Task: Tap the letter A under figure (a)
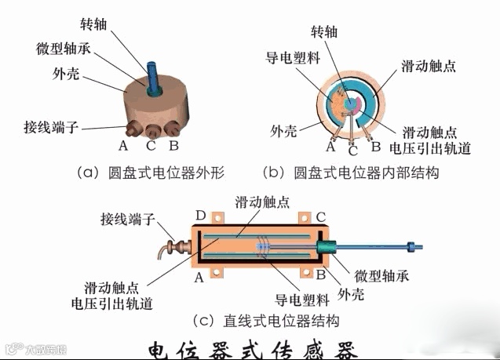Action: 123,145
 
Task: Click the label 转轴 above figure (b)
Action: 325,32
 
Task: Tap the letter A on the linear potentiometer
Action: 199,276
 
